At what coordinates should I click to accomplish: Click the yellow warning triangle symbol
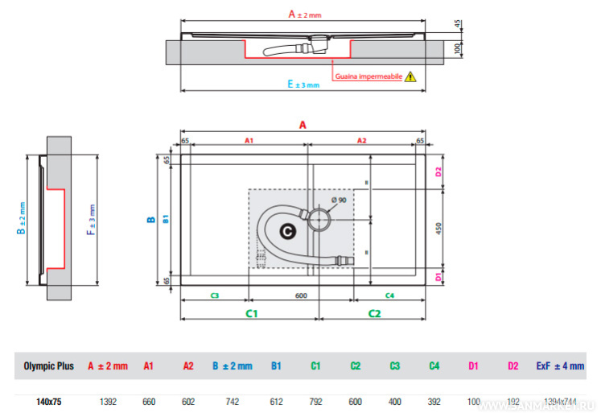411,77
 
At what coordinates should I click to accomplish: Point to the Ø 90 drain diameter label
339,200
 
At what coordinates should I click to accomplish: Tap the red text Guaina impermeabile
368,77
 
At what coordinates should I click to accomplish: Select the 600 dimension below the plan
300,295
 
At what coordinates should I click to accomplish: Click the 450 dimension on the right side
438,228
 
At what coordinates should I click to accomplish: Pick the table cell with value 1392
107,398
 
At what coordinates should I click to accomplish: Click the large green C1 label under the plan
251,312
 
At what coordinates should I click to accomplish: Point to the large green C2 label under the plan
374,312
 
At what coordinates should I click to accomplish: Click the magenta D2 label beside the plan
438,172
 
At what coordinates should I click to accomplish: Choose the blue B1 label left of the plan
165,218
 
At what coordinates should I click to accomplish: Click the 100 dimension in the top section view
458,48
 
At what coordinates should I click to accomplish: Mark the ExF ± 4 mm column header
560,365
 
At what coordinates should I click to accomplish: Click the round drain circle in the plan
320,217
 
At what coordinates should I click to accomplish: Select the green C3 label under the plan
215,295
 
